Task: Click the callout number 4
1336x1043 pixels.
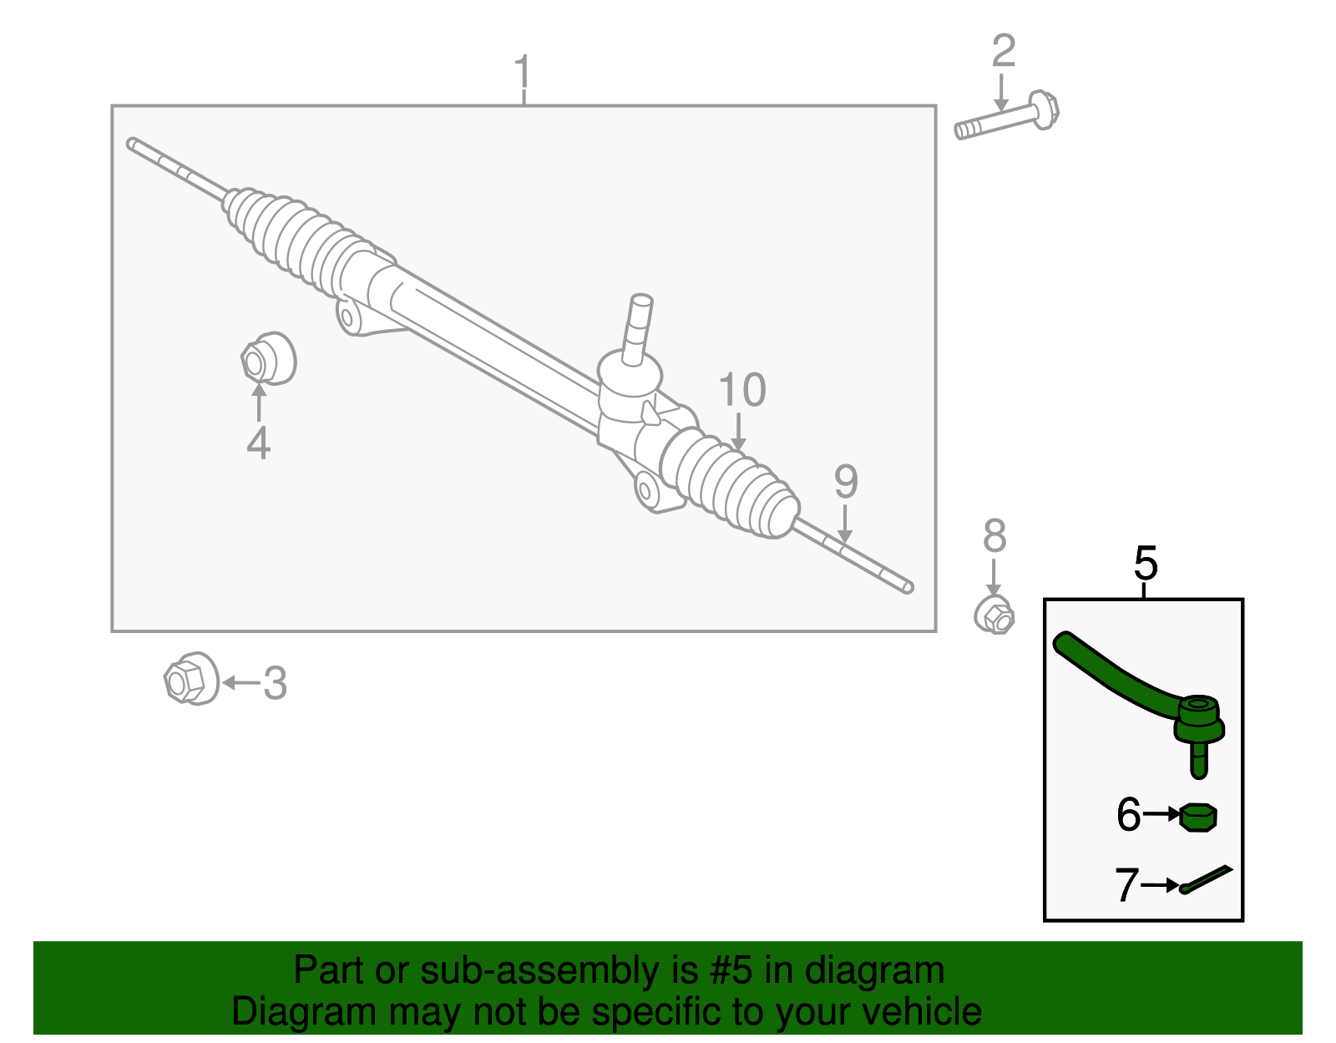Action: pos(258,443)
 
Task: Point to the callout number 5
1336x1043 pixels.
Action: pos(1146,564)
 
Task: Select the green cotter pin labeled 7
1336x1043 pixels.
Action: pos(1207,879)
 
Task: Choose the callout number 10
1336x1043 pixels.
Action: pos(741,391)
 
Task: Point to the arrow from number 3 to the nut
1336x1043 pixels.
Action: pos(240,682)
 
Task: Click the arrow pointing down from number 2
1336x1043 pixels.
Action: pos(1001,92)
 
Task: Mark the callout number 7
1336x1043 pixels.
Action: pos(1126,885)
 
